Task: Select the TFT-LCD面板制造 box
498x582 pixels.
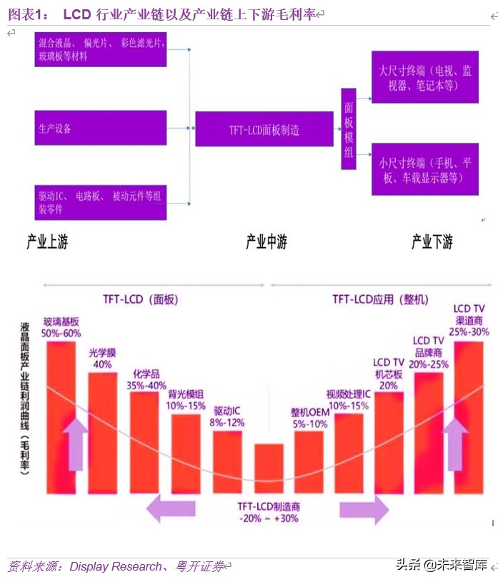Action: [x=264, y=130]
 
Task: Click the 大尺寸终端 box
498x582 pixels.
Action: [x=424, y=78]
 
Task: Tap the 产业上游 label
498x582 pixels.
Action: [x=47, y=242]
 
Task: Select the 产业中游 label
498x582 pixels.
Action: [x=266, y=242]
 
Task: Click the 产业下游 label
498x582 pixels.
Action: [x=432, y=242]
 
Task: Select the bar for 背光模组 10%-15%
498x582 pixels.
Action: [x=186, y=454]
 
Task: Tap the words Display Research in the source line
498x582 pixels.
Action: [x=116, y=566]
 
